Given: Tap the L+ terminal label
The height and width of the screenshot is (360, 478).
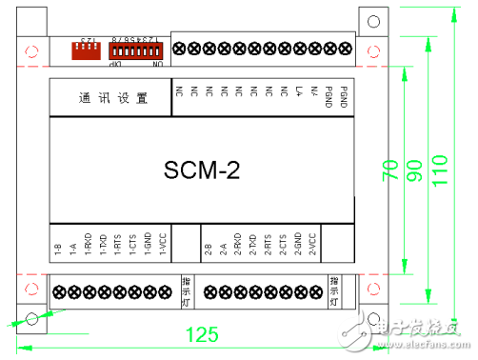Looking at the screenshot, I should pos(299,92).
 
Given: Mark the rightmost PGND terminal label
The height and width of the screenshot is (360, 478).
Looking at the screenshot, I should pos(344,96).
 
